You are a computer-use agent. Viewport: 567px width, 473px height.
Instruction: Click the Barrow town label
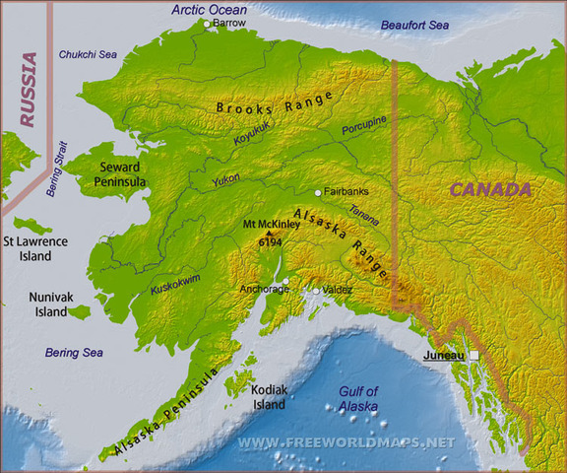pyautogui.click(x=230, y=22)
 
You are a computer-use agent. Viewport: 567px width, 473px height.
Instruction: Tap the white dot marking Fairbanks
pyautogui.click(x=318, y=193)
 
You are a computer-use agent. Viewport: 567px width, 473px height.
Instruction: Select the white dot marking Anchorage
pyautogui.click(x=285, y=282)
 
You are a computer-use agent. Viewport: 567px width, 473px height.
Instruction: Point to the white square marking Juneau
pyautogui.click(x=473, y=355)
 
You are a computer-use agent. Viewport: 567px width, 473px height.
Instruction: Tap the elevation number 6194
pyautogui.click(x=270, y=241)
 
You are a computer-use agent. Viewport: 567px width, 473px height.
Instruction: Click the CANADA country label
pyautogui.click(x=491, y=189)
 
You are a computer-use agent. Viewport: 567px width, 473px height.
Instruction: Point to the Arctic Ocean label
pyautogui.click(x=209, y=9)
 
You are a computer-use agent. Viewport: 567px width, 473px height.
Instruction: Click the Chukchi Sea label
pyautogui.click(x=88, y=55)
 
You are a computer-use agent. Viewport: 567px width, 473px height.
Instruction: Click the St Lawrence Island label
pyautogui.click(x=34, y=247)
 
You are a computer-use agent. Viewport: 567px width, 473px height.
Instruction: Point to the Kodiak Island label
pyautogui.click(x=270, y=396)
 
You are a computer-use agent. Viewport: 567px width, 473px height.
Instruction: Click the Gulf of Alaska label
pyautogui.click(x=357, y=398)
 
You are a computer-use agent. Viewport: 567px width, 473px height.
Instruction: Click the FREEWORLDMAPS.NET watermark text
pyautogui.click(x=346, y=442)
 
